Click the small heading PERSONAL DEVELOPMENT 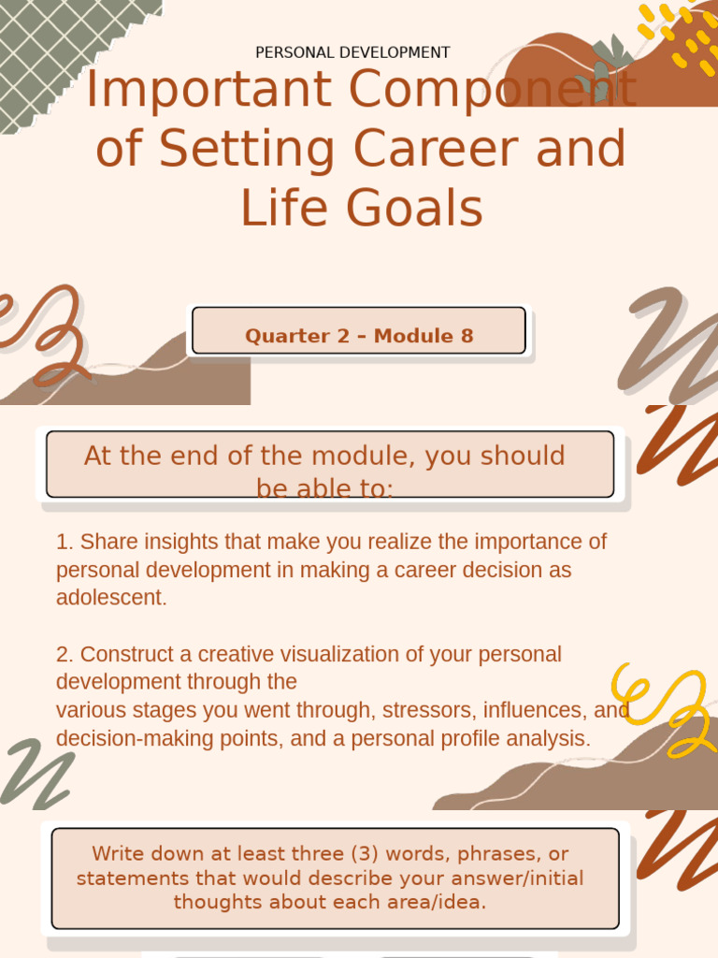[352, 52]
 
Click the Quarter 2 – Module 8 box [359, 336]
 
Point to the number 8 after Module [467, 336]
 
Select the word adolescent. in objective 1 [111, 598]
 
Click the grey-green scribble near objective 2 [37, 772]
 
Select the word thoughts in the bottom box [217, 903]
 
